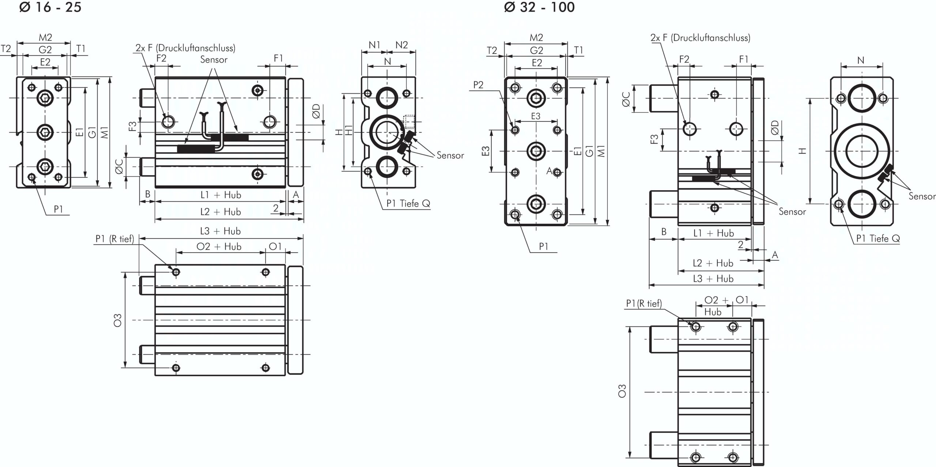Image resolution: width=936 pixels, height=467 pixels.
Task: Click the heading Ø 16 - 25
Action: coord(50,7)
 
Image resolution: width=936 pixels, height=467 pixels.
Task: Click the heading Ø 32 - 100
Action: coord(539,7)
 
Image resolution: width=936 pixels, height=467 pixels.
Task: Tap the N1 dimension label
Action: coord(375,45)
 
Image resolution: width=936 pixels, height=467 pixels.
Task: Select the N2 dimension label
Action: coord(401,45)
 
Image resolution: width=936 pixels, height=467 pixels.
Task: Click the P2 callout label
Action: coord(478,85)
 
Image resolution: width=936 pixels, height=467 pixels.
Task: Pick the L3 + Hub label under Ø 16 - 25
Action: coord(220,231)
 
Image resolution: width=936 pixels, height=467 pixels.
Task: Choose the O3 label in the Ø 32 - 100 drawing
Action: coord(622,391)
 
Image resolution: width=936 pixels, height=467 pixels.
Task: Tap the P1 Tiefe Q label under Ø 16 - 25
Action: coord(408,203)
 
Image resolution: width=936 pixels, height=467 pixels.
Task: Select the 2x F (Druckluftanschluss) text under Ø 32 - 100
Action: coord(700,38)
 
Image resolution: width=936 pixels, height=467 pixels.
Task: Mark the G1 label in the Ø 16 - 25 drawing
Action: coord(92,132)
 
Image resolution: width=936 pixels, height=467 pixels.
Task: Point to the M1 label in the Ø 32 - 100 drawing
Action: coord(601,151)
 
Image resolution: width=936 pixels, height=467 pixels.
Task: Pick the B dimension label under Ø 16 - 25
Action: coord(148,194)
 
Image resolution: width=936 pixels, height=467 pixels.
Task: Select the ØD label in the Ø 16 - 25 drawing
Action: coord(316,111)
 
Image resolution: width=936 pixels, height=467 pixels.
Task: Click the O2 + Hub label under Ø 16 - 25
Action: coord(219,246)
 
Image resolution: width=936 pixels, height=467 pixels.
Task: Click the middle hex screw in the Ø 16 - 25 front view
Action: coord(45,132)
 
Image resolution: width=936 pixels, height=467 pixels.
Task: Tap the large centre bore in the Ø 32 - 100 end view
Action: coord(862,151)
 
